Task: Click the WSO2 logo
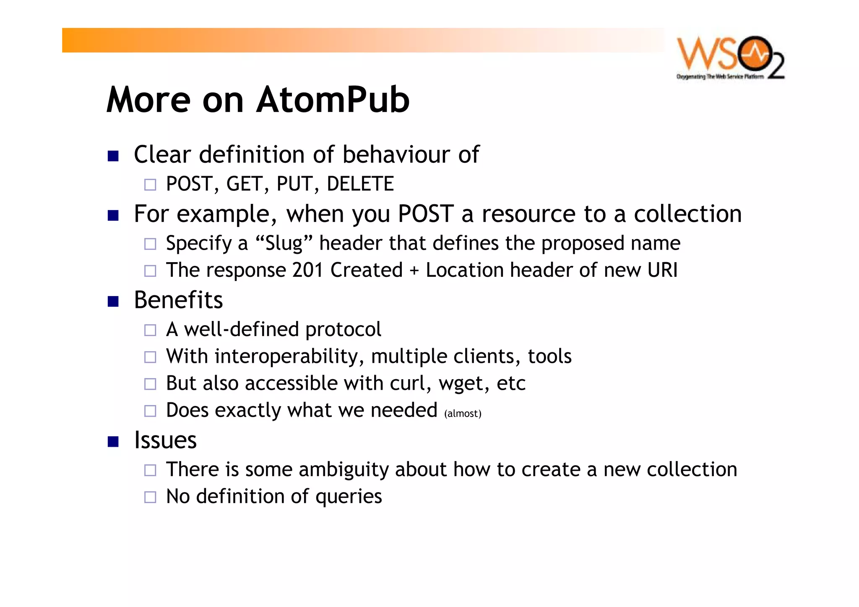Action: (730, 57)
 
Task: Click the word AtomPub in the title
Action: (333, 100)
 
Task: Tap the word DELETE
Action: (360, 184)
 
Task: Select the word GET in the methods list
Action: (245, 184)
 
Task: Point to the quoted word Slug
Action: (284, 243)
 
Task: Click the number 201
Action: (308, 270)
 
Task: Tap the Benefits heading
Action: (178, 300)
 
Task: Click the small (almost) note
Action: (463, 414)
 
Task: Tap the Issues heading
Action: (165, 440)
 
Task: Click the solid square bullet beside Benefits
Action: (113, 302)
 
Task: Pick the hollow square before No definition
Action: (150, 498)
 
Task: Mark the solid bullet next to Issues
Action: (113, 442)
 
